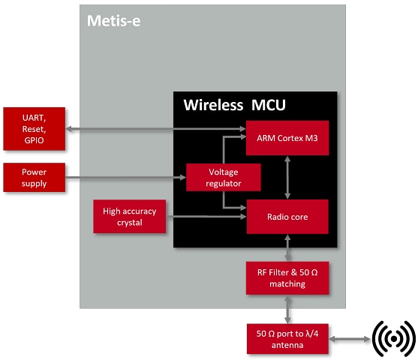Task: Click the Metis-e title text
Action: [x=114, y=20]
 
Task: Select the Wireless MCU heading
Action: [x=234, y=104]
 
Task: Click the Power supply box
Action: [x=34, y=177]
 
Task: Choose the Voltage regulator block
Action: [x=224, y=177]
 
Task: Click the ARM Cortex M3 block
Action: [x=287, y=137]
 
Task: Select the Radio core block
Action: [x=287, y=217]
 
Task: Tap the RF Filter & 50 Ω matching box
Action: [x=287, y=278]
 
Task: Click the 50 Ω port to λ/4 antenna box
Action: [x=287, y=337]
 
